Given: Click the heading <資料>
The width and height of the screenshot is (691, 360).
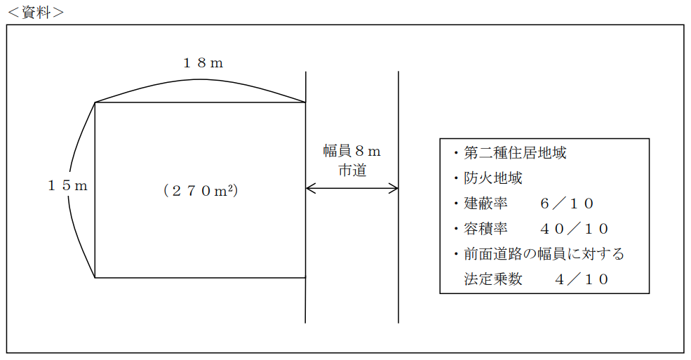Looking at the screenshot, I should click(35, 12).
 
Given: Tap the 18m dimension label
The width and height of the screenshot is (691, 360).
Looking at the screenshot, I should click(203, 63).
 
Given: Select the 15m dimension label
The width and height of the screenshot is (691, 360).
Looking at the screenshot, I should click(67, 186).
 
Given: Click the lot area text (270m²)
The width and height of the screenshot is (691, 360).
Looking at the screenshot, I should click(200, 190).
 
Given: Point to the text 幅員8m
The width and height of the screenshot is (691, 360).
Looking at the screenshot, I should click(351, 152).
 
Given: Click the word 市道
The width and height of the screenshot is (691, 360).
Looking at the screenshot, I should click(352, 171).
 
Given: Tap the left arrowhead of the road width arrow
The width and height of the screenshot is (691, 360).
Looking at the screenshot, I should click(309, 188).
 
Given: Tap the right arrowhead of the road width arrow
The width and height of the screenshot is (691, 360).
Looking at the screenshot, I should click(395, 188).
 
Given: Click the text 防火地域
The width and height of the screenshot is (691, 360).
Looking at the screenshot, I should click(492, 178).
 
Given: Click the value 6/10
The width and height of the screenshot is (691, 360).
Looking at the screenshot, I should click(568, 204).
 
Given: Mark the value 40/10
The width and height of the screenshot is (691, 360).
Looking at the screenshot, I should click(575, 229).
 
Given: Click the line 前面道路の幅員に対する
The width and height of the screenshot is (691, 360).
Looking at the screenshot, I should click(544, 254).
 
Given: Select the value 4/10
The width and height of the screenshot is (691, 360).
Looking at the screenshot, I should click(582, 279).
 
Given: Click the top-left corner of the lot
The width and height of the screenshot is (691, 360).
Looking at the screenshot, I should click(95, 102).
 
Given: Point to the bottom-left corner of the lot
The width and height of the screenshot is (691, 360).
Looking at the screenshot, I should click(95, 278).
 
